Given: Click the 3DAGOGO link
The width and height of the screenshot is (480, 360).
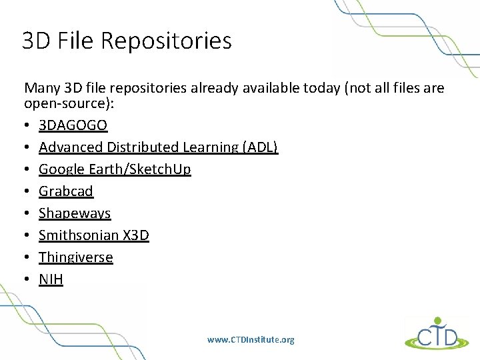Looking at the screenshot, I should tap(73, 125).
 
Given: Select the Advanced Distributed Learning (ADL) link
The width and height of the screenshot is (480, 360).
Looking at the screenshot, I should tap(158, 147).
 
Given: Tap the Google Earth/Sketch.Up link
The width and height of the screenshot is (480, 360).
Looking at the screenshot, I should tap(115, 169).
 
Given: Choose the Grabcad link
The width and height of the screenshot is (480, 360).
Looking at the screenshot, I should tap(66, 191).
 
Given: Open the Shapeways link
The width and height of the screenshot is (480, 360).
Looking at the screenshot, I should tap(75, 213).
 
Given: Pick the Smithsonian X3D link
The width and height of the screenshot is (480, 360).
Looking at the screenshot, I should tap(94, 235).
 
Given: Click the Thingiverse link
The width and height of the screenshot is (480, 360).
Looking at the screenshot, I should tap(76, 257).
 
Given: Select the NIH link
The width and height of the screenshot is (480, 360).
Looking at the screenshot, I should tap(51, 279).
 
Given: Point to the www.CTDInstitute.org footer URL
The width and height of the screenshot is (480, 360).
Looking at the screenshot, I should tap(251, 340).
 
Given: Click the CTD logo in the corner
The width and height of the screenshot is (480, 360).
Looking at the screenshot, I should tap(436, 333).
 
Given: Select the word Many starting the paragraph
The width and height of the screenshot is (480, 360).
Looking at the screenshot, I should tap(42, 88).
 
